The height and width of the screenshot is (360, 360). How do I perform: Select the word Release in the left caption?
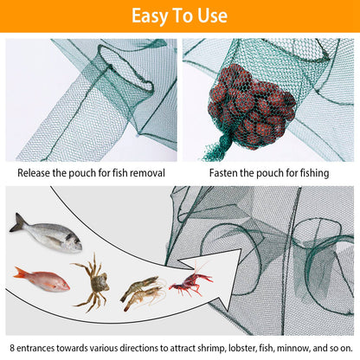pyautogui.click(x=37, y=173)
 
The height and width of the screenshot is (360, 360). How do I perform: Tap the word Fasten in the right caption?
pyautogui.click(x=227, y=173)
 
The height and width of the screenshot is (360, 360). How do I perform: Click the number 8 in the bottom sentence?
pyautogui.click(x=12, y=345)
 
